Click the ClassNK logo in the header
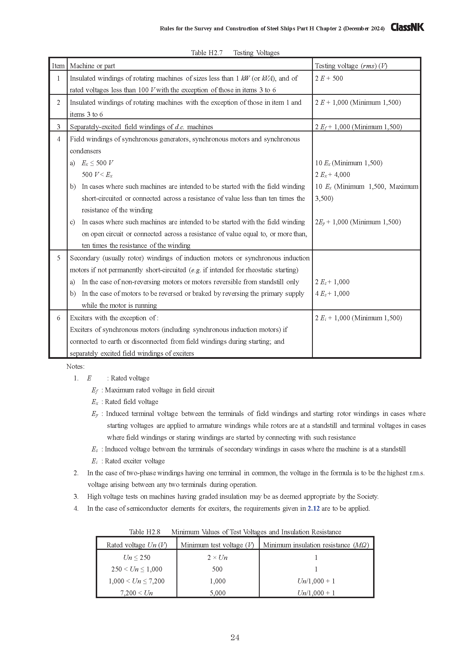point(407,28)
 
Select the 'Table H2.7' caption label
point(207,53)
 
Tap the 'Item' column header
point(58,66)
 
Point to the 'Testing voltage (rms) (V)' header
point(351,66)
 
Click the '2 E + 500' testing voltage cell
point(329,78)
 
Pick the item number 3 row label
point(59,127)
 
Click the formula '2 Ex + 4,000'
point(332,175)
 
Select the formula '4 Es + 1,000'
point(332,294)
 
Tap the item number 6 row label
point(59,318)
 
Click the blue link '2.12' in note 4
point(313,508)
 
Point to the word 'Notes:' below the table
point(75,366)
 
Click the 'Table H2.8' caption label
point(144,532)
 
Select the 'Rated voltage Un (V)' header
point(137,545)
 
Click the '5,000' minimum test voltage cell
point(217,593)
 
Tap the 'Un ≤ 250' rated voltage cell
point(137,557)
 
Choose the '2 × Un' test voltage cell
point(217,557)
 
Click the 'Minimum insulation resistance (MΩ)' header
point(316,545)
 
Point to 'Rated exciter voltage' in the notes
point(135,461)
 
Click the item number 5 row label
point(59,258)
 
